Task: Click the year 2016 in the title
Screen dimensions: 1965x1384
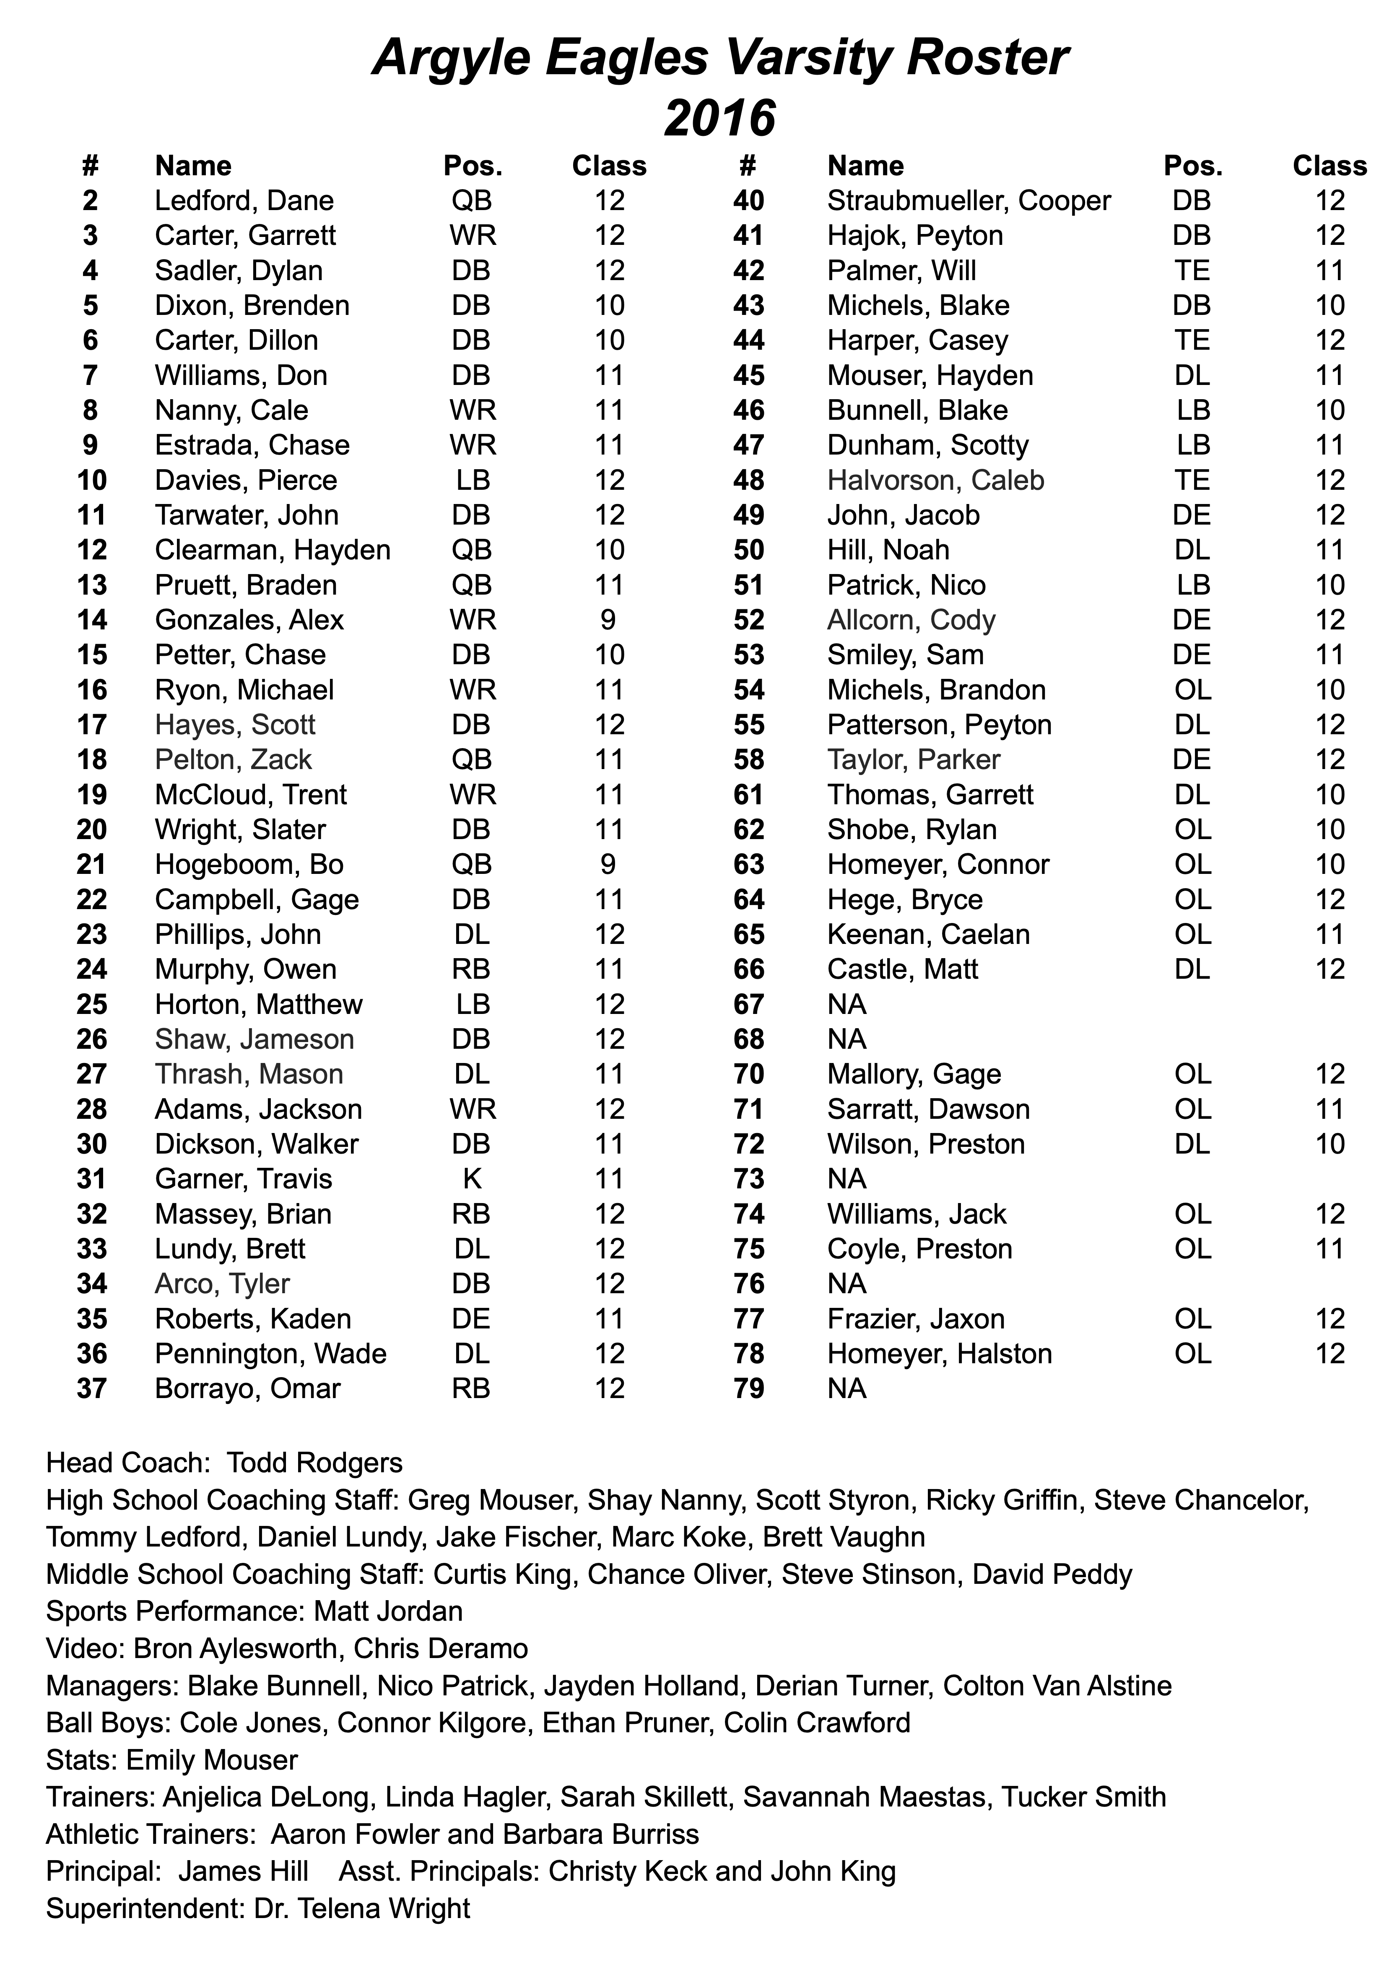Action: (x=720, y=118)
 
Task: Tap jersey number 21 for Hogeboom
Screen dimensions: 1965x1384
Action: (x=91, y=864)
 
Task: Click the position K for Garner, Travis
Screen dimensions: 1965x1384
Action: (x=472, y=1178)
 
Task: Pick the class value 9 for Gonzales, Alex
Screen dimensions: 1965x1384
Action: (x=608, y=620)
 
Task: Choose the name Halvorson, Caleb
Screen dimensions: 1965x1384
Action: (x=935, y=480)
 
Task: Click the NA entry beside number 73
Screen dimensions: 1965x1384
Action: (x=846, y=1178)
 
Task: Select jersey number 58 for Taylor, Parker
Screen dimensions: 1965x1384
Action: (x=749, y=759)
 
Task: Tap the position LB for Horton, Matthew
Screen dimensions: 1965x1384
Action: (x=472, y=1004)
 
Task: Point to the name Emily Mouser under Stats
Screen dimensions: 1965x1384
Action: (x=212, y=1760)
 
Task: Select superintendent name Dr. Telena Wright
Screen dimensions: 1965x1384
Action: (x=362, y=1908)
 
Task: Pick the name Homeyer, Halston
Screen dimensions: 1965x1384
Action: (x=939, y=1353)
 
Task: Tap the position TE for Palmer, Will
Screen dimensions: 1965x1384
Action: (x=1192, y=270)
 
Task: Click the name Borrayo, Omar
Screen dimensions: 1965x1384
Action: (x=247, y=1388)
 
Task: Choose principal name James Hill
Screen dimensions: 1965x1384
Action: (x=243, y=1871)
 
